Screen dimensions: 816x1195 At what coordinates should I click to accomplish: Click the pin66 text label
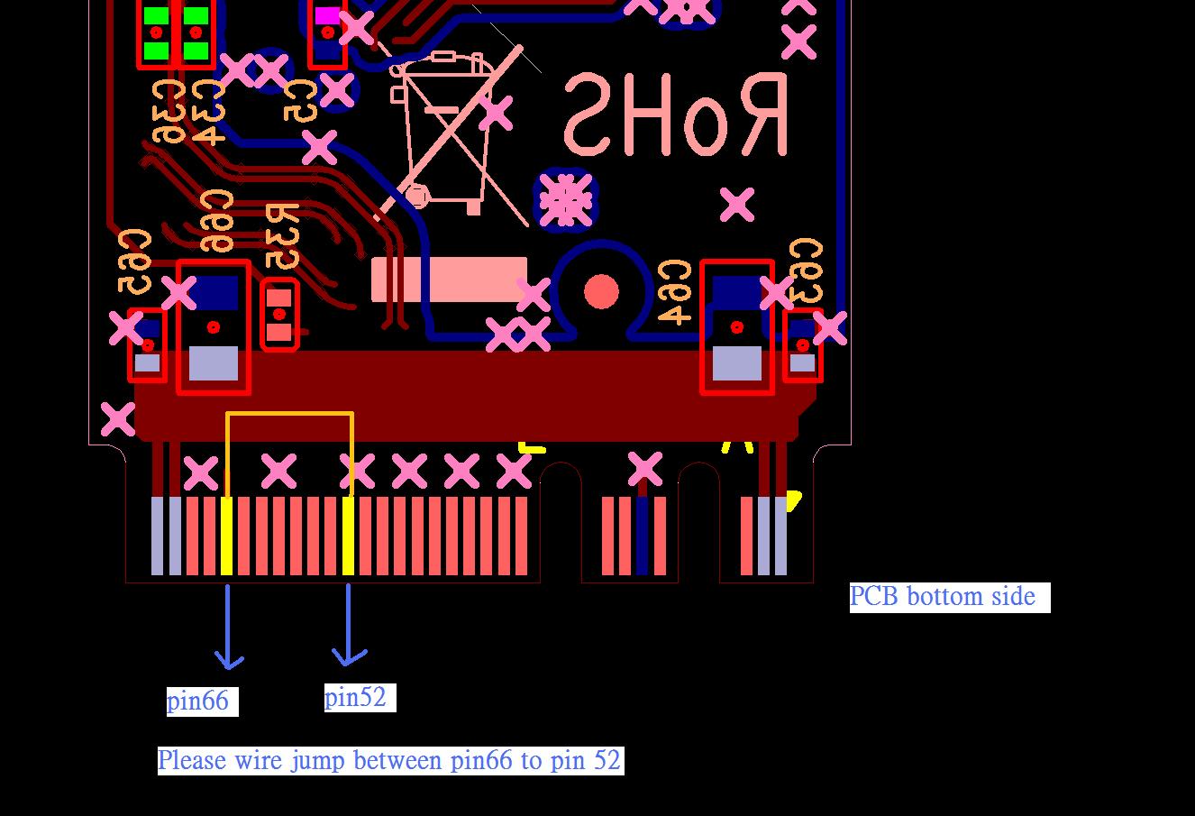point(197,701)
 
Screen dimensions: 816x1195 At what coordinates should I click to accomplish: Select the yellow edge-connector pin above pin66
point(226,536)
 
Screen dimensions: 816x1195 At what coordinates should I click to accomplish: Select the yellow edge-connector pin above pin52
point(349,536)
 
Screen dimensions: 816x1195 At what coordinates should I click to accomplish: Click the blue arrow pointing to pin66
point(228,631)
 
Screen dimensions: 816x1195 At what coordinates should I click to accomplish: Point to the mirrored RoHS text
point(676,115)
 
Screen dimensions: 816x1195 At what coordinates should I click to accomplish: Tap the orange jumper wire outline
point(289,414)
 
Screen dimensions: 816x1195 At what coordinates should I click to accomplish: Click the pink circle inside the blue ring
point(601,292)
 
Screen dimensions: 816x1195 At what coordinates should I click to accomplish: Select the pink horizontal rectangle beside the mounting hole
point(449,280)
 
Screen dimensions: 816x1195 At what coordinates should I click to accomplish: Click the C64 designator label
point(674,292)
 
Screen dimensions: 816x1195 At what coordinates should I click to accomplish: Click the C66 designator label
point(216,222)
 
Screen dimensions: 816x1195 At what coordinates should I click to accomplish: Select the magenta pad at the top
point(326,15)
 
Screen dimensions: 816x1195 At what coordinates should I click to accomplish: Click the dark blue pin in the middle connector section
point(642,536)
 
